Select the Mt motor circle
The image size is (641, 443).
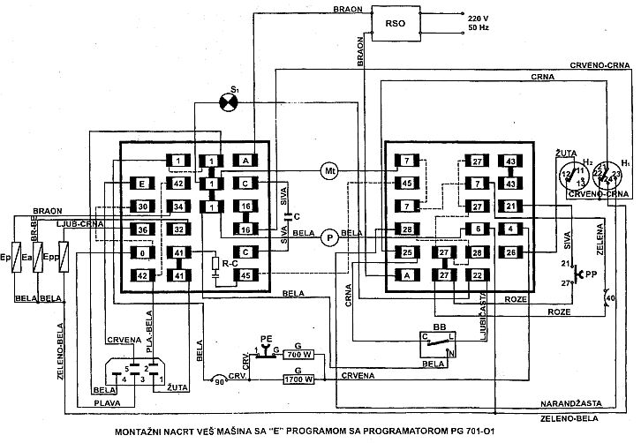[329, 171]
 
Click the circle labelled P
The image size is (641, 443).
[329, 236]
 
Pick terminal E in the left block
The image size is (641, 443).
[141, 184]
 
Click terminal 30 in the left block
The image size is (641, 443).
[141, 206]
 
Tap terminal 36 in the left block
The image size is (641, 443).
[141, 230]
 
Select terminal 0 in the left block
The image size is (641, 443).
[141, 253]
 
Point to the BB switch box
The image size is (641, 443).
[439, 342]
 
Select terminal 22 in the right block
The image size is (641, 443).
[476, 274]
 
